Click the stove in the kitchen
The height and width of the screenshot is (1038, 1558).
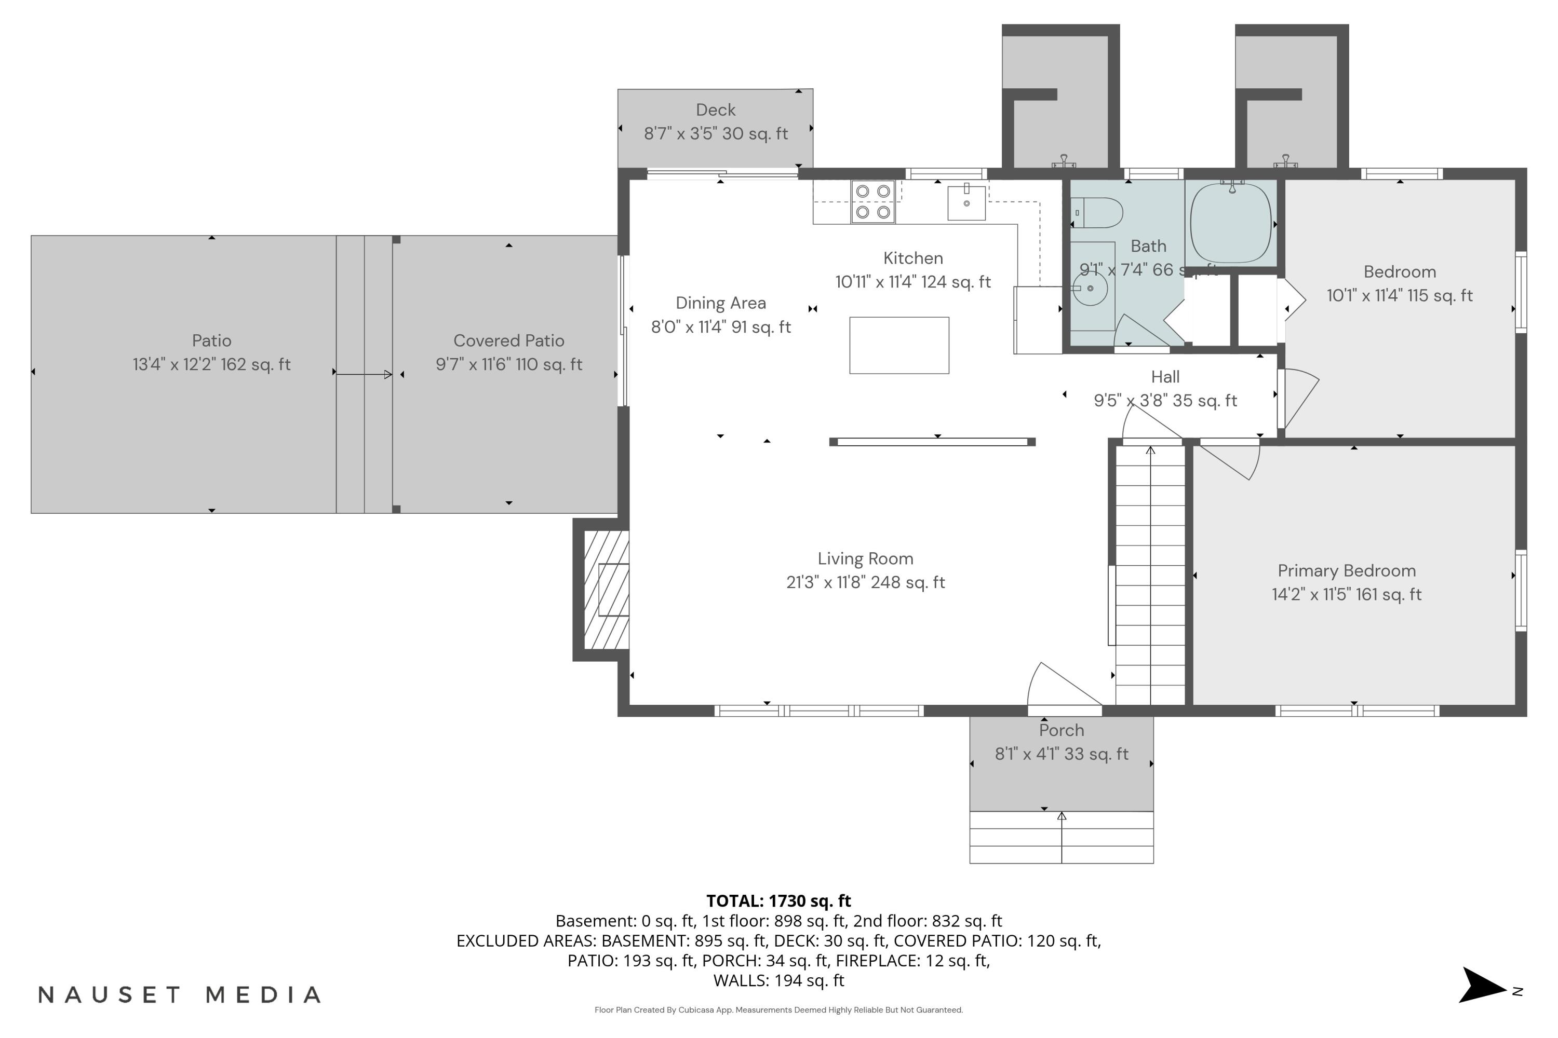(x=872, y=201)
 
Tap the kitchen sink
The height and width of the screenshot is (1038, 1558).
(x=966, y=202)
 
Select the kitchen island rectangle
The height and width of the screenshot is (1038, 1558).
(x=899, y=345)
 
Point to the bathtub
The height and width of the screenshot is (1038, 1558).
(x=1230, y=223)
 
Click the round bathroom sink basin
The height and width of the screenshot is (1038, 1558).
(x=1090, y=289)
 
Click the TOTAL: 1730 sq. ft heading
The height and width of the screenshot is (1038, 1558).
(x=778, y=900)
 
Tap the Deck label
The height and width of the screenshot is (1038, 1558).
(x=716, y=110)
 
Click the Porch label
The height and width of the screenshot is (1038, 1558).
(x=1061, y=730)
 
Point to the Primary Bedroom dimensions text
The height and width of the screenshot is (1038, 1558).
(x=1346, y=594)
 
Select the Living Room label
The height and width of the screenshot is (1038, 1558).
(x=865, y=559)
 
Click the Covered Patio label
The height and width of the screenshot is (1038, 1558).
(x=509, y=341)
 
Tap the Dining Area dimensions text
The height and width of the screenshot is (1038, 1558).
(x=721, y=327)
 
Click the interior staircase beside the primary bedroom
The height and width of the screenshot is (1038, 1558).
(x=1151, y=576)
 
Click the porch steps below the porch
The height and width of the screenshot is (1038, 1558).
(x=1061, y=838)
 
